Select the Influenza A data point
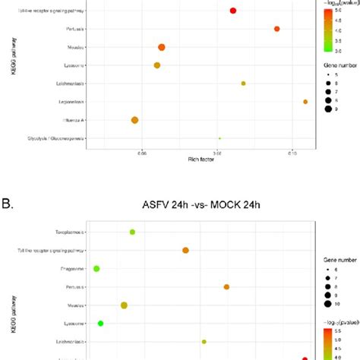(134, 120)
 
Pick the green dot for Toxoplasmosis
(132, 232)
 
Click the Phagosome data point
(96, 268)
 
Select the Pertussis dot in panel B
(226, 286)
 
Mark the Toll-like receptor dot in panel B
(185, 250)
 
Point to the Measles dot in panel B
(124, 305)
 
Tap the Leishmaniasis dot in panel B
(204, 342)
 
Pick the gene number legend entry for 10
(334, 304)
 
